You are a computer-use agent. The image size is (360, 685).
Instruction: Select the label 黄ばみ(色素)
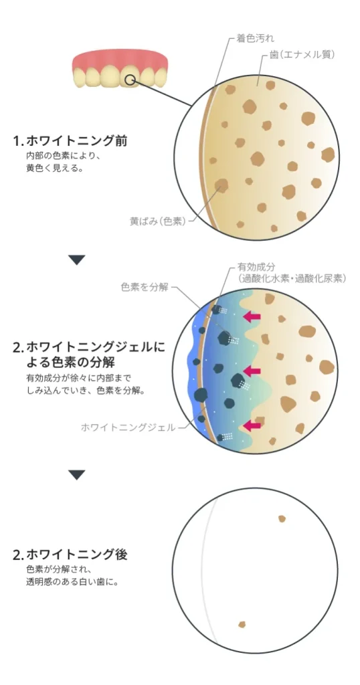tap(158, 221)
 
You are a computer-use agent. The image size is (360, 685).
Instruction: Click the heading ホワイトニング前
tap(76, 141)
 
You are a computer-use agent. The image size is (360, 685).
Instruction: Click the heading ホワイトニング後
tap(76, 555)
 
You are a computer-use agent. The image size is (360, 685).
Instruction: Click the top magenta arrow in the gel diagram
tap(252, 316)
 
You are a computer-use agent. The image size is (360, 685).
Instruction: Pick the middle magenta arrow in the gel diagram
tap(252, 371)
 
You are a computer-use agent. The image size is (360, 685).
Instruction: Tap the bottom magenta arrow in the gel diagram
tap(252, 425)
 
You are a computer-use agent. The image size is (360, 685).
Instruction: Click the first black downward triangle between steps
tap(77, 260)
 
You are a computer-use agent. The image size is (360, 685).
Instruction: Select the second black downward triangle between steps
tap(77, 475)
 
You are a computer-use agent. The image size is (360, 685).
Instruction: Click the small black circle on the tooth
tap(129, 80)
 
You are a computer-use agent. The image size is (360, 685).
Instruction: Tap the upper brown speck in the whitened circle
tap(282, 518)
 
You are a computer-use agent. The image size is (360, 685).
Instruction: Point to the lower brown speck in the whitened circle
tap(242, 625)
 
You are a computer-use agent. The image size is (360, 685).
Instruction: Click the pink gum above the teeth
tap(120, 59)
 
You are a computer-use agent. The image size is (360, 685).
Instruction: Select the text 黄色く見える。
tap(54, 168)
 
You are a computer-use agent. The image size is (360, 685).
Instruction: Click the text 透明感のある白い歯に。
tap(72, 582)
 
